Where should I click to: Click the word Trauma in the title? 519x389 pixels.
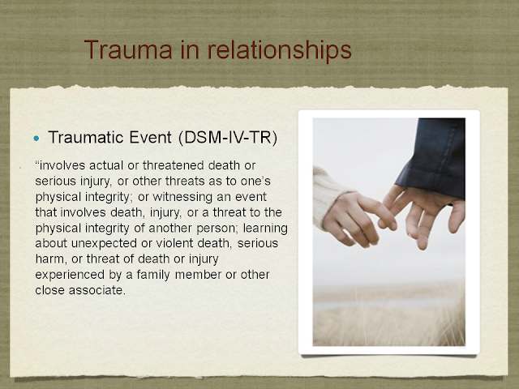[x=128, y=49]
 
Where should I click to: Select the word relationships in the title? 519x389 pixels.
[x=279, y=50]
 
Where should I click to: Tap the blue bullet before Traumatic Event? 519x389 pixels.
[x=36, y=139]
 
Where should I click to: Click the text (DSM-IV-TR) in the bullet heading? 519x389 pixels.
[x=228, y=137]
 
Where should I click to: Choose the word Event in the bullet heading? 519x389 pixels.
[x=150, y=137]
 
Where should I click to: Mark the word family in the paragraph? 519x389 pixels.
[x=153, y=276]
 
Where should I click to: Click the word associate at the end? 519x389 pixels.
[x=97, y=290]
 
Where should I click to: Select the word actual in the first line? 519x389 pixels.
[x=106, y=165]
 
